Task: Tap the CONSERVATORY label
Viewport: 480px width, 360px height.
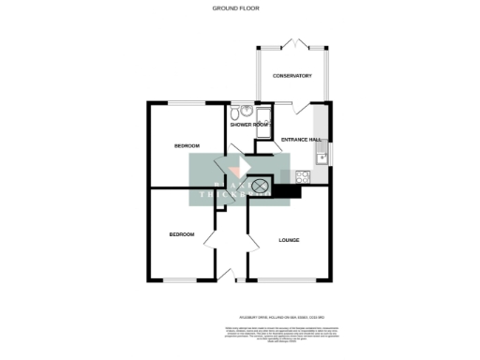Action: [292, 76]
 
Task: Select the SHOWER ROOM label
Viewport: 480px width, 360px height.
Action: [249, 124]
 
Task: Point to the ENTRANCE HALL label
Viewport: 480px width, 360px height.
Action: [301, 140]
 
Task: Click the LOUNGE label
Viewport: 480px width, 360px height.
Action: [289, 240]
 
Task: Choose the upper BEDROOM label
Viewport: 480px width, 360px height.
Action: [187, 146]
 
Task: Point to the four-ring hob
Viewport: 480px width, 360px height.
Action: [304, 175]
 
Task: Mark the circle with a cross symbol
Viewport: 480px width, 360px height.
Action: [260, 186]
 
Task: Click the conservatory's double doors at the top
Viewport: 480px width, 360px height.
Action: [292, 43]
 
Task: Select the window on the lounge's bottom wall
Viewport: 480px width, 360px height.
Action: [287, 279]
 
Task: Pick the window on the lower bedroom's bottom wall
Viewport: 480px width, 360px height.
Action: [181, 279]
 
